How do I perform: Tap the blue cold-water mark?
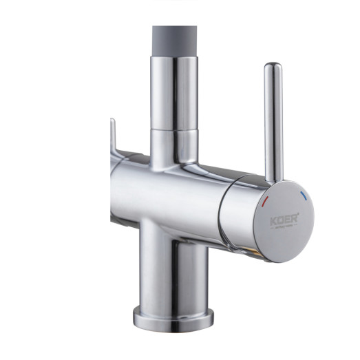pos(304,198)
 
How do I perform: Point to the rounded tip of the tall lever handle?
pos(273,68)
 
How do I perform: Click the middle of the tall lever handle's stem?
pos(273,124)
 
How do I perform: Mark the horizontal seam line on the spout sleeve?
pos(174,127)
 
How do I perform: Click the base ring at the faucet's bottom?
pos(173,317)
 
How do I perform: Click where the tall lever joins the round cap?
pos(273,178)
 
